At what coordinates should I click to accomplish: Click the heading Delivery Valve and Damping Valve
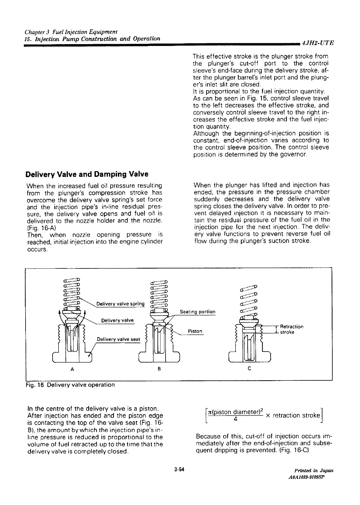click(87, 174)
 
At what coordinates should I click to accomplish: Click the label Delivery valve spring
click(121, 304)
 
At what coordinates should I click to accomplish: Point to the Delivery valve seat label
click(118, 339)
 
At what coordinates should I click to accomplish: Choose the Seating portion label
click(197, 312)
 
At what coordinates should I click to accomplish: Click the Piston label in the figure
click(195, 331)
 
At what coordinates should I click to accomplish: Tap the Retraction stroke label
click(291, 329)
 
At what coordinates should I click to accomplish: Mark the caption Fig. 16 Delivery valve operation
click(70, 385)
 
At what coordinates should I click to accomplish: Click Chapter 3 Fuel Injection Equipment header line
click(71, 32)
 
